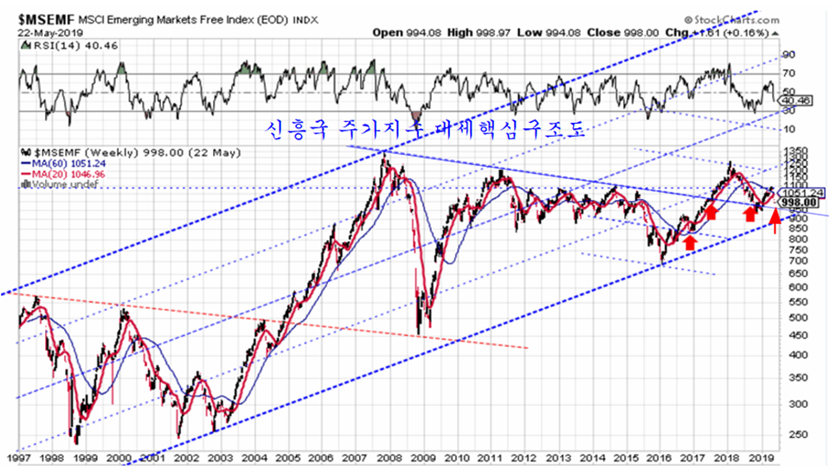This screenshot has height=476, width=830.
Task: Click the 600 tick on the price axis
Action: (x=788, y=287)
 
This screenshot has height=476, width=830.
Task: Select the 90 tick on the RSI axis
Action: (x=788, y=54)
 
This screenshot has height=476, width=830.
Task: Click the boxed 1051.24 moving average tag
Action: (x=797, y=192)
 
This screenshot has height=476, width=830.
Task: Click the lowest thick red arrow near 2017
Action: (x=690, y=243)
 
